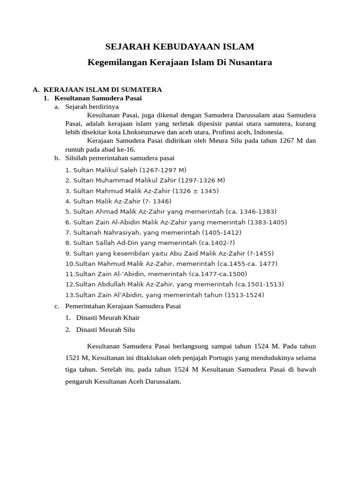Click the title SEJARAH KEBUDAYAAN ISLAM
180,46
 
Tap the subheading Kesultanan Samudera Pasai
98,98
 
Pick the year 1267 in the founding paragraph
289,141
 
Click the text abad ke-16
121,149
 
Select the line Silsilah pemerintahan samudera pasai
120,158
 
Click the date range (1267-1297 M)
160,170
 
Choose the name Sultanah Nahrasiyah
106,232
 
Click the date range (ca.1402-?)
217,243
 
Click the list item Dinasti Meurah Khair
108,317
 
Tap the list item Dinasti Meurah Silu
105,330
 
